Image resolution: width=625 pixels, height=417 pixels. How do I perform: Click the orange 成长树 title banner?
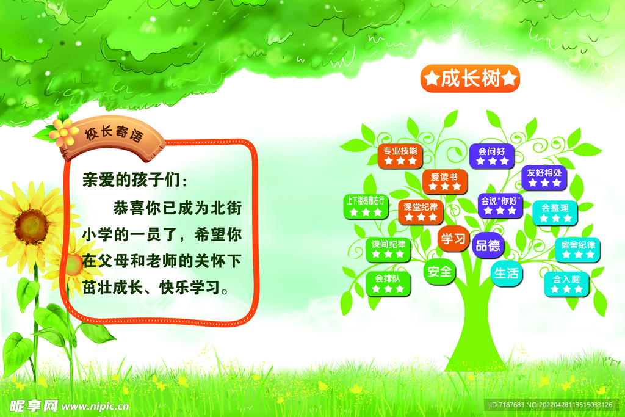tap(470, 79)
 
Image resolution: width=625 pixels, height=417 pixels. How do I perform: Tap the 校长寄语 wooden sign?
tap(114, 137)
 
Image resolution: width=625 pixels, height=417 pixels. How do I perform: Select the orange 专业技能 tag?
tap(400, 156)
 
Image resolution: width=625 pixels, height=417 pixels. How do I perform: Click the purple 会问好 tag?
tap(492, 156)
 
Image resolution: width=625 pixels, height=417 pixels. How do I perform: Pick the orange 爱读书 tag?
tap(444, 181)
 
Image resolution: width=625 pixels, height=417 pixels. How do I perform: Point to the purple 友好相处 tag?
tap(544, 178)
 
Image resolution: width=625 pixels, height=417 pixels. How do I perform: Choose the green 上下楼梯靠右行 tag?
tap(366, 206)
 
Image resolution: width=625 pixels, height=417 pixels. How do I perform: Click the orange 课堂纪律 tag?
tap(421, 212)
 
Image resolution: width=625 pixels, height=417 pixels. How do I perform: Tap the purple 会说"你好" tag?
tap(500, 206)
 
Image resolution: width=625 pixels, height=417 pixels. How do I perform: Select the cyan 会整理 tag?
tap(555, 213)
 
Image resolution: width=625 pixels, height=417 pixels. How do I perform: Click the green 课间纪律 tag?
tap(388, 250)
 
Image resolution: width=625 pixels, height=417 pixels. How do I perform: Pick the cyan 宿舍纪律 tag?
tap(577, 250)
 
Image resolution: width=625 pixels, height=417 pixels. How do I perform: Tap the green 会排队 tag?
tap(388, 284)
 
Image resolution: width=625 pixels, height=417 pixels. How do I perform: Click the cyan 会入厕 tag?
tap(566, 285)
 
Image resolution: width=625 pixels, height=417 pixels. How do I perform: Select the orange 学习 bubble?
tap(453, 238)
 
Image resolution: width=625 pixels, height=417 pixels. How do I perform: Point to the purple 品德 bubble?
tap(488, 245)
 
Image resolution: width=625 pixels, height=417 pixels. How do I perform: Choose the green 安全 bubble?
tap(439, 272)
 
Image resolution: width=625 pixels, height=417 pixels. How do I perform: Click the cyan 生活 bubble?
tap(506, 273)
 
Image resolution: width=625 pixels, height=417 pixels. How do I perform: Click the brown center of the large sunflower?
tap(32, 227)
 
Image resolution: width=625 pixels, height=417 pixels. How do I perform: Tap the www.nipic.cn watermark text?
tap(95, 406)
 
